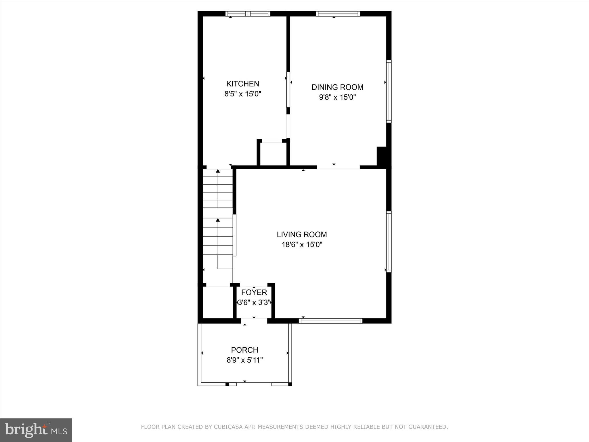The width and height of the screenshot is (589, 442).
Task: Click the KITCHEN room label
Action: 243,84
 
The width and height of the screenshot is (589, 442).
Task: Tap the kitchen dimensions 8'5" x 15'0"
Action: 243,94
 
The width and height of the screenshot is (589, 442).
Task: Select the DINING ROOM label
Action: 337,87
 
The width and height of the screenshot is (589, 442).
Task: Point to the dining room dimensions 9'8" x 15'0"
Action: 337,97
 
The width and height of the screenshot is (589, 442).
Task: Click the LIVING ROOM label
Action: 302,235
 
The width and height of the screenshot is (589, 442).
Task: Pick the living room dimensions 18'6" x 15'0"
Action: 302,245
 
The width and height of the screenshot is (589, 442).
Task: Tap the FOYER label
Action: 254,293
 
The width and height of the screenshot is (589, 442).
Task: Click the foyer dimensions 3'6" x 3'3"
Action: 254,302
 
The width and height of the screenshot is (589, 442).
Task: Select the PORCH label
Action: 244,350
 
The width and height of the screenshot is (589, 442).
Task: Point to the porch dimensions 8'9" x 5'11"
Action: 244,360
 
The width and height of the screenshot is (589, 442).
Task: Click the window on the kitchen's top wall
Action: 248,14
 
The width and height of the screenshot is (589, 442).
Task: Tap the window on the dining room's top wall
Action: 338,14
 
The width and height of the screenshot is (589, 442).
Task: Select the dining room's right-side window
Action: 389,92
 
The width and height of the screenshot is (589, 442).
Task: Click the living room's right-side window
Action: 389,242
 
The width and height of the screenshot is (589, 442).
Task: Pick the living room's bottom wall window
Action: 330,321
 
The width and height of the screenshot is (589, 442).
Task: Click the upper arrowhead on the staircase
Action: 218,171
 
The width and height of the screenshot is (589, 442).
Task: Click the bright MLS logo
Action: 36,430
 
